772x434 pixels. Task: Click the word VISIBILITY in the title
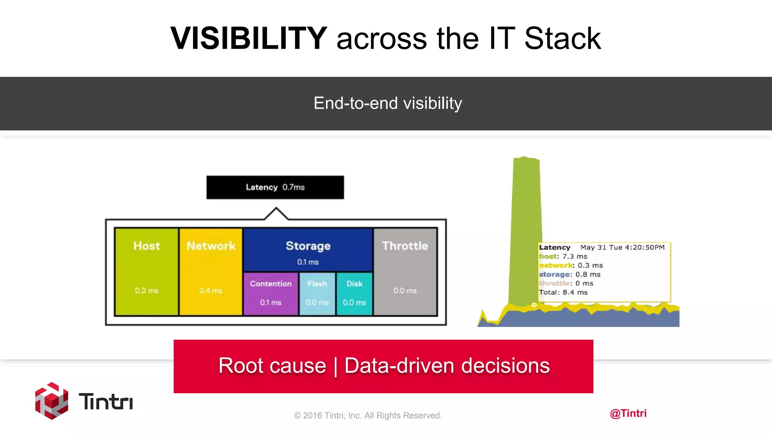tap(249, 38)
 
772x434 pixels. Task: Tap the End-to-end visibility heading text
tap(388, 103)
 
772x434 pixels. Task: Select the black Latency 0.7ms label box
tap(275, 187)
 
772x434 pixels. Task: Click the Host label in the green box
tap(147, 246)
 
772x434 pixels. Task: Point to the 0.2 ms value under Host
tap(147, 290)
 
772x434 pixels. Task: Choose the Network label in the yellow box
tap(211, 246)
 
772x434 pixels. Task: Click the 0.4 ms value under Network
tap(211, 290)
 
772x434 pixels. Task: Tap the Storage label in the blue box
tap(308, 246)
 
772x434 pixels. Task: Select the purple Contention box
tap(271, 293)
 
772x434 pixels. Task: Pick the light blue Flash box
tap(317, 293)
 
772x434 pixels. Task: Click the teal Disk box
tap(354, 293)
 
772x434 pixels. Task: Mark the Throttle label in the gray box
tap(405, 246)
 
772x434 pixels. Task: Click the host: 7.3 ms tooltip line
tap(563, 256)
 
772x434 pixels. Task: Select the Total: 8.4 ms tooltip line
tap(563, 292)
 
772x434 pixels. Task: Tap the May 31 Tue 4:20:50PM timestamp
tap(622, 247)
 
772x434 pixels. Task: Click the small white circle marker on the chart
tap(534, 304)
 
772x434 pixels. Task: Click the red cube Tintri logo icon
tap(52, 401)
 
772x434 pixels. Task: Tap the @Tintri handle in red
tap(628, 413)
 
